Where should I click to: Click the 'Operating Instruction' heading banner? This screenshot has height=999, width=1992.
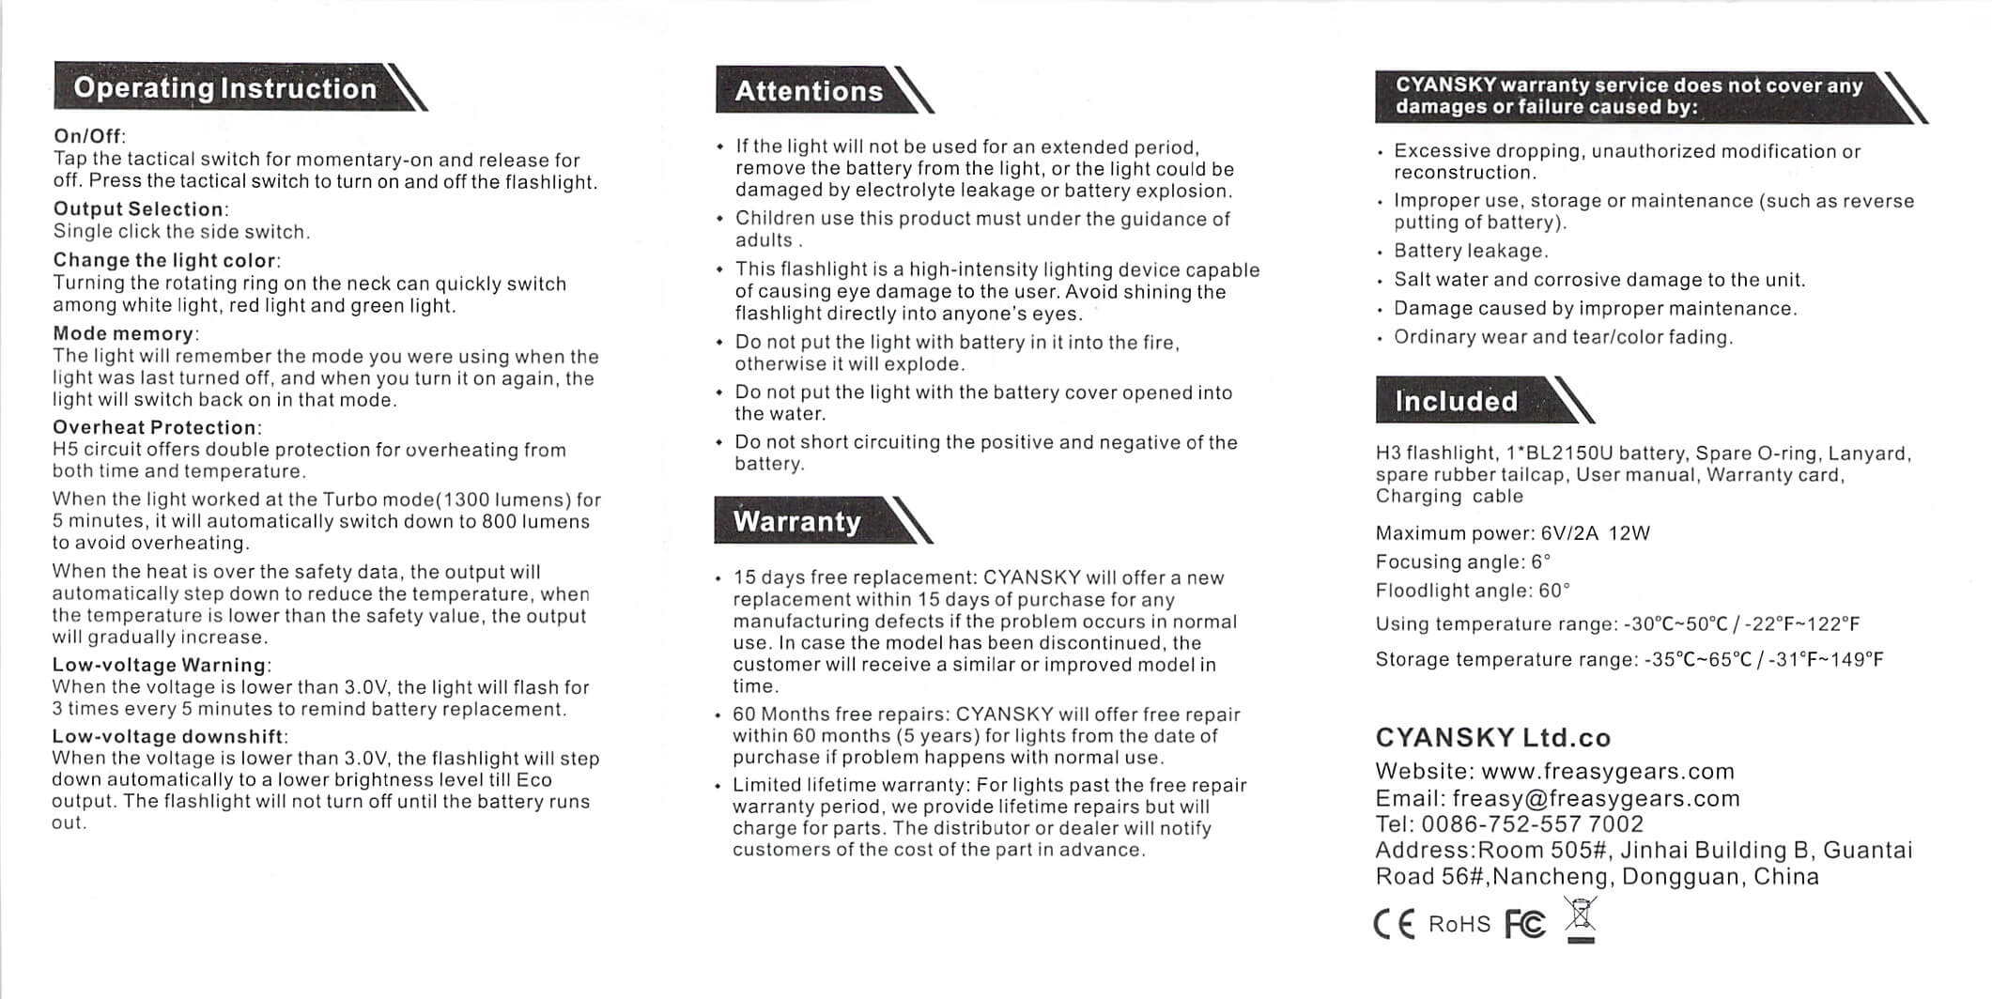point(225,88)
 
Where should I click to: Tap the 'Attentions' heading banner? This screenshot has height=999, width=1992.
point(809,91)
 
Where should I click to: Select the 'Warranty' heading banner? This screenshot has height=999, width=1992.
point(796,521)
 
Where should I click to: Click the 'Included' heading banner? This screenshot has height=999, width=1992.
point(1456,401)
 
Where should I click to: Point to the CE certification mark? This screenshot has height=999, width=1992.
point(1394,925)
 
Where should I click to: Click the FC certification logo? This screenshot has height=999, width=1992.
point(1525,925)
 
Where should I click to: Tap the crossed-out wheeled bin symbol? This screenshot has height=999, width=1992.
point(1581,918)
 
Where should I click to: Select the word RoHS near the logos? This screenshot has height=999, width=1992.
point(1459,925)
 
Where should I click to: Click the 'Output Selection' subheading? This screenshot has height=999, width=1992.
point(139,209)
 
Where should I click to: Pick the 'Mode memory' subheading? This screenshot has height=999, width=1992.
point(124,334)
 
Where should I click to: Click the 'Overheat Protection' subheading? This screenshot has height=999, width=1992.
point(155,428)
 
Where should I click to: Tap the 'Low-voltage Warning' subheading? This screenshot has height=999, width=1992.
point(160,666)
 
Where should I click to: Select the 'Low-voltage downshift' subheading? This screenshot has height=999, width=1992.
point(168,737)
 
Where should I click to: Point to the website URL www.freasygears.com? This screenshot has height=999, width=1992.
point(1607,772)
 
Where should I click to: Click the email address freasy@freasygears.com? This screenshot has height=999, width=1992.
point(1596,799)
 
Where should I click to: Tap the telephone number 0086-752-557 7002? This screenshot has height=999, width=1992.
point(1532,824)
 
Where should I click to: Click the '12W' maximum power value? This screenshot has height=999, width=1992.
point(1629,533)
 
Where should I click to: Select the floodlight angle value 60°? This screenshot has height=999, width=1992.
point(1554,591)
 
